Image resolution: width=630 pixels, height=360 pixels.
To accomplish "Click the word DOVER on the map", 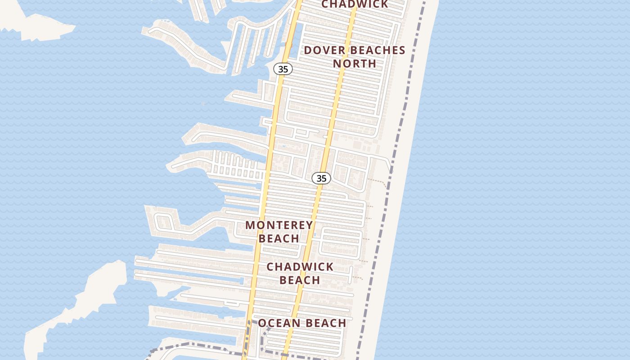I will (x=322, y=50).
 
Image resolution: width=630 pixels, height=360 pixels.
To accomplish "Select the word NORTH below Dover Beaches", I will (x=355, y=63).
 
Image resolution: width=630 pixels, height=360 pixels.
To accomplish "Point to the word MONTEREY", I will (x=279, y=225).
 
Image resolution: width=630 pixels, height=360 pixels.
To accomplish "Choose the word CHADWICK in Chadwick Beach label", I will (x=300, y=266).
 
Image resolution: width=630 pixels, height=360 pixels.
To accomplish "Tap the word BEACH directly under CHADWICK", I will (x=300, y=280).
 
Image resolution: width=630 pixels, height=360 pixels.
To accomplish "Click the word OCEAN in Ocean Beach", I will (x=279, y=323).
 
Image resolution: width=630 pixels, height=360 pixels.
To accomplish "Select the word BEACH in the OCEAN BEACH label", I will (x=325, y=323).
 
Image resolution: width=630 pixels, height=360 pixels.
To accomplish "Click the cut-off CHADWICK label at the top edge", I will (x=355, y=4).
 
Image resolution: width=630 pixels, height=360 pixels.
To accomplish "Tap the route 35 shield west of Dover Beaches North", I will (x=283, y=69).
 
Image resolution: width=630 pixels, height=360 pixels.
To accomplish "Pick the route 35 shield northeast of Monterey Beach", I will (x=321, y=178).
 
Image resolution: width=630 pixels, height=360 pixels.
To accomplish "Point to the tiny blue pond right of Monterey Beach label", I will (x=315, y=234).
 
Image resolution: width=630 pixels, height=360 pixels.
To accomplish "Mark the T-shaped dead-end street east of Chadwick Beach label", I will (x=351, y=274).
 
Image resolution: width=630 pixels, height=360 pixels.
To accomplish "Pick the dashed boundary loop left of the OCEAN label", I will (x=264, y=340).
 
